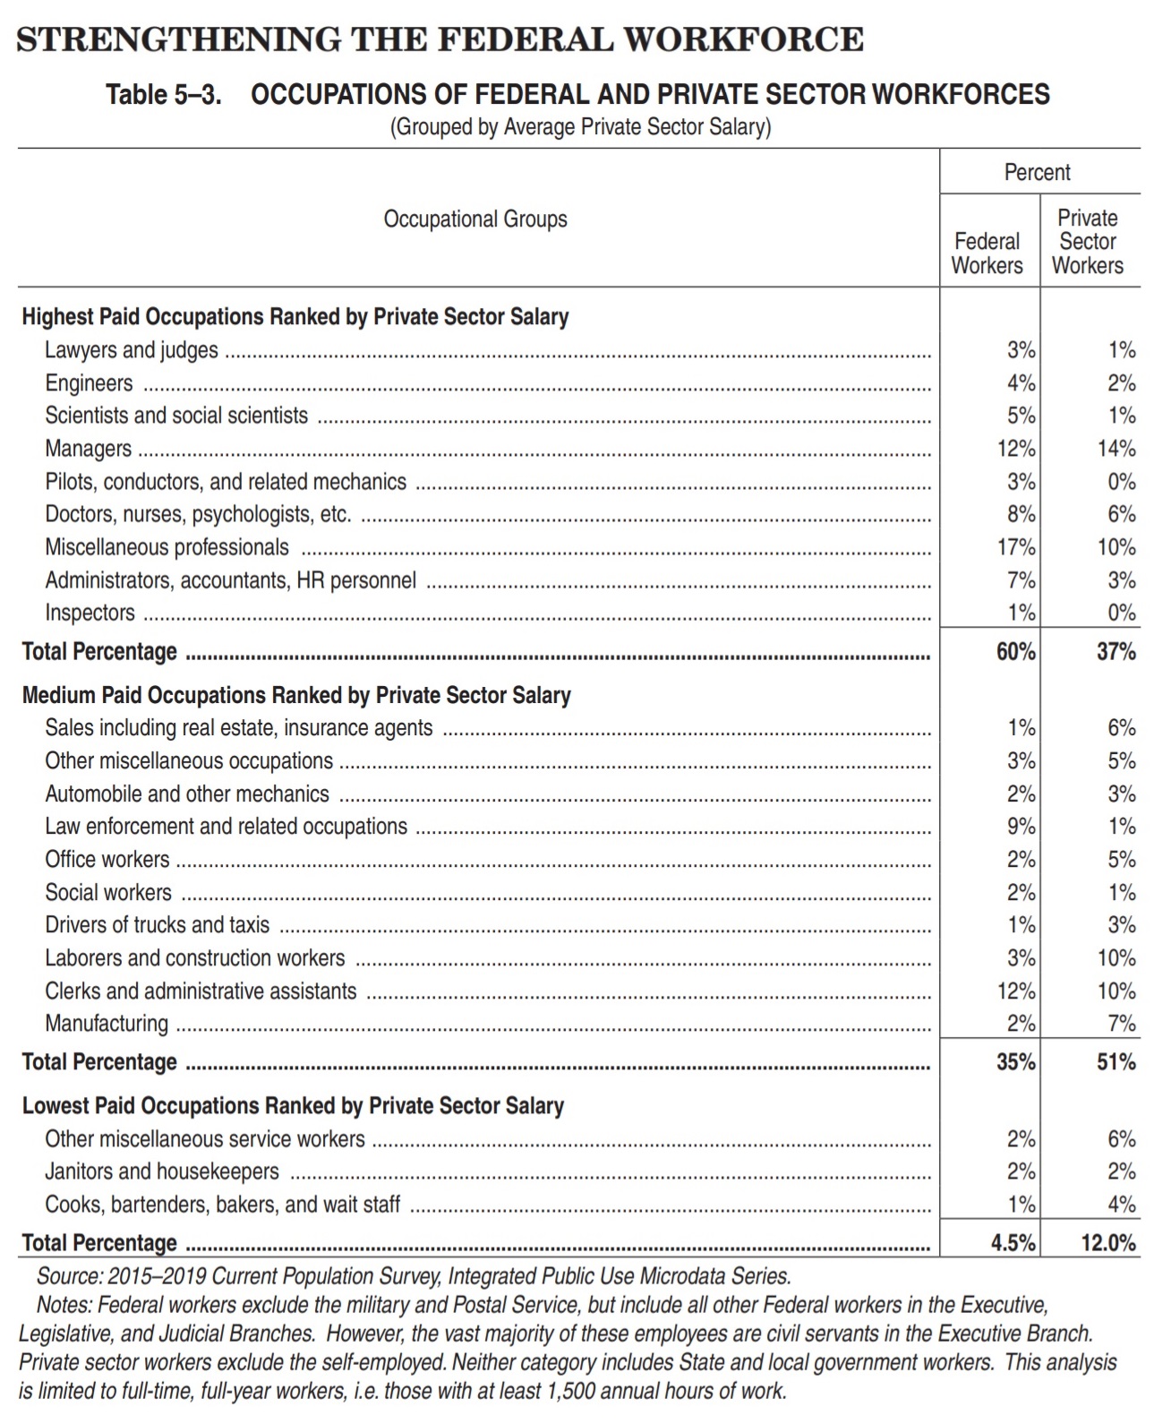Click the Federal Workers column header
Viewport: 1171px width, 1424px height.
pos(987,253)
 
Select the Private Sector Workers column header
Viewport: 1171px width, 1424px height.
pos(1088,242)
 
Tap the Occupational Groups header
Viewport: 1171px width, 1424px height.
pos(474,219)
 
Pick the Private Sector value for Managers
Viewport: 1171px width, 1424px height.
pos(1116,449)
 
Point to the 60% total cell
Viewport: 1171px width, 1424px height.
pos(1016,652)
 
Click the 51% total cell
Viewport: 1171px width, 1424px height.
pos(1116,1062)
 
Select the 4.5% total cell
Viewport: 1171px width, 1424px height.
pos(1013,1243)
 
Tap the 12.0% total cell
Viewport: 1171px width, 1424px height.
pos(1107,1243)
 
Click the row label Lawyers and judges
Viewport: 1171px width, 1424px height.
pos(132,350)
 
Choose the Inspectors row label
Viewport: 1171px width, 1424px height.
pos(90,613)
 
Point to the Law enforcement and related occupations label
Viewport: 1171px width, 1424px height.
pos(226,827)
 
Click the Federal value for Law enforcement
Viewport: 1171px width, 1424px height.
pos(1021,827)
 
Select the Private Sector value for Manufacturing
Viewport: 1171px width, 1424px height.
pos(1122,1024)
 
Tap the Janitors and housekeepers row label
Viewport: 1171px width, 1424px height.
pos(162,1171)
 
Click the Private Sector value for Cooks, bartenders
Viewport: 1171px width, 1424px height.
pos(1122,1205)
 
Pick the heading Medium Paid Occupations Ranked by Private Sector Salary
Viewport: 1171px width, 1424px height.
pos(296,696)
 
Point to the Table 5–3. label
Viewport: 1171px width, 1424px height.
pos(163,95)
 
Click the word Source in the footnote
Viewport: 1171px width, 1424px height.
pos(68,1276)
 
